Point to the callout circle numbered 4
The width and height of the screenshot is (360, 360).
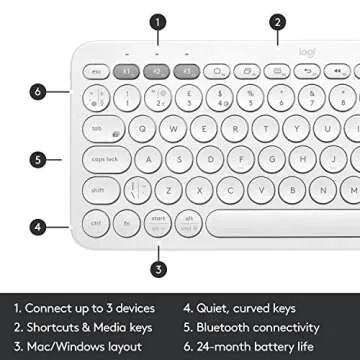[37, 226]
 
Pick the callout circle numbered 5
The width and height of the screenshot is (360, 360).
[37, 158]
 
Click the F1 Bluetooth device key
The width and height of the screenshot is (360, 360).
[129, 72]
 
